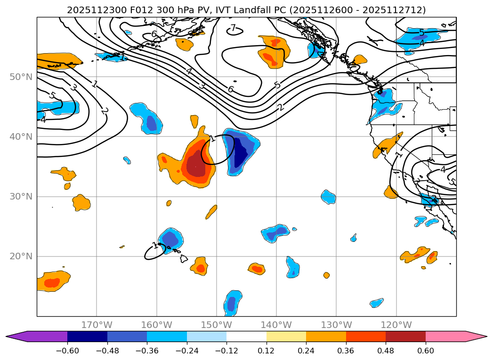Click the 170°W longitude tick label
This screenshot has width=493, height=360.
click(x=97, y=325)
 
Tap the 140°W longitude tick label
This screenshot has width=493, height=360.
click(x=276, y=325)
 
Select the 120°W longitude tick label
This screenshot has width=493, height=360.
click(x=396, y=325)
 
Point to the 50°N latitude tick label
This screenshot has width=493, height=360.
click(x=21, y=77)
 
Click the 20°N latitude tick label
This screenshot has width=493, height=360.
click(x=21, y=256)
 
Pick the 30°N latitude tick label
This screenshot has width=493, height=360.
click(x=21, y=197)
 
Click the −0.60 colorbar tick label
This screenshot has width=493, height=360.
click(x=67, y=351)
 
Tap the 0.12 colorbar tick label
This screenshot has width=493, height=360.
click(x=267, y=351)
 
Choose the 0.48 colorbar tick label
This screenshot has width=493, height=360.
click(x=386, y=351)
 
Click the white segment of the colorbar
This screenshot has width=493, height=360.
click(x=246, y=336)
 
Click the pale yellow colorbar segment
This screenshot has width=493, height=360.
click(x=286, y=336)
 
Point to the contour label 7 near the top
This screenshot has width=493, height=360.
click(x=233, y=29)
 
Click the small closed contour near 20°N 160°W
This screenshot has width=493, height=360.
click(x=154, y=252)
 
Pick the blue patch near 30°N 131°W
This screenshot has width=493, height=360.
click(x=329, y=197)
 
